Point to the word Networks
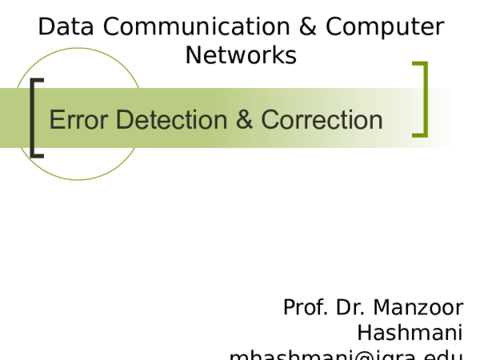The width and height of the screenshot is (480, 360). pyautogui.click(x=241, y=55)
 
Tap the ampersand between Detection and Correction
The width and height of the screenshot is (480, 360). pyautogui.click(x=245, y=120)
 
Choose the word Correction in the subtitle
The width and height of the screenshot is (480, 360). pyautogui.click(x=322, y=120)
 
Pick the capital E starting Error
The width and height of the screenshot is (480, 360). pyautogui.click(x=56, y=120)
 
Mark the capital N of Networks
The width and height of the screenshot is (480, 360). pyautogui.click(x=194, y=55)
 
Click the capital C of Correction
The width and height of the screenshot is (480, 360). pyautogui.click(x=270, y=120)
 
